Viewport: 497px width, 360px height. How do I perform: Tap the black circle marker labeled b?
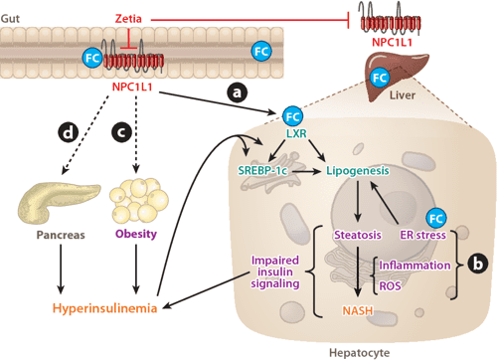[482, 266]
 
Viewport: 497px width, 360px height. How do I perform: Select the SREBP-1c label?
[265, 172]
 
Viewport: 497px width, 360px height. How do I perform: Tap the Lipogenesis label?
[357, 172]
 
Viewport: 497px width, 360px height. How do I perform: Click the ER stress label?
[421, 236]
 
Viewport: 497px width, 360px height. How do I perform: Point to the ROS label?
[392, 286]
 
